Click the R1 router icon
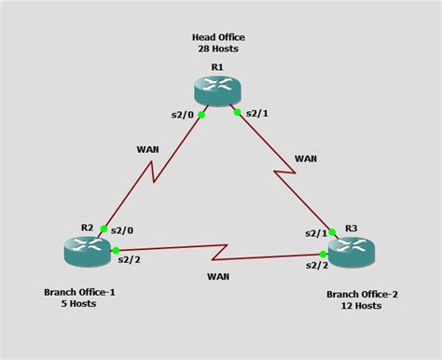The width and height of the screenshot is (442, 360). [217, 90]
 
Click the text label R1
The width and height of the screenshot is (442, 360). [217, 67]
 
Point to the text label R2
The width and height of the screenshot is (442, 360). [87, 228]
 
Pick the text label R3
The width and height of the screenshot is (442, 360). [352, 227]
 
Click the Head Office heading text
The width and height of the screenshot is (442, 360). [218, 36]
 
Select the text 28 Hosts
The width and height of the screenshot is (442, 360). [218, 48]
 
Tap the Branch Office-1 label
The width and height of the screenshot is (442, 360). [79, 292]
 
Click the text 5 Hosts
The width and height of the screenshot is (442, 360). [80, 304]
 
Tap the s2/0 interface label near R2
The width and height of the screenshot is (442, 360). [122, 229]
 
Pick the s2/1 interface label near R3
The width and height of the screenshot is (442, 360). [316, 233]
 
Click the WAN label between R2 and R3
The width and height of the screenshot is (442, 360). [218, 277]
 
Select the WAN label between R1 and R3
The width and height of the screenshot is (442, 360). [306, 159]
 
